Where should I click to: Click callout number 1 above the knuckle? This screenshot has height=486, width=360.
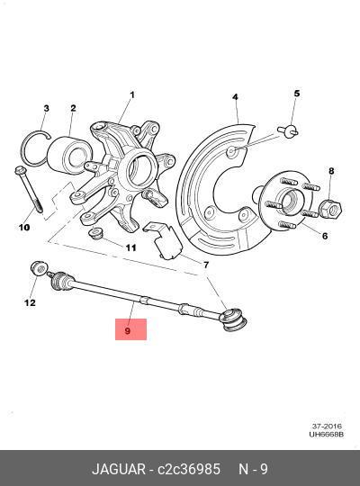[x=132, y=94]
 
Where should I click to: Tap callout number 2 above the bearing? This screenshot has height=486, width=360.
[x=73, y=108]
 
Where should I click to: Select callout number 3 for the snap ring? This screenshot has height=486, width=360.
[x=46, y=109]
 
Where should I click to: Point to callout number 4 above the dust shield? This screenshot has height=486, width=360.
[x=235, y=97]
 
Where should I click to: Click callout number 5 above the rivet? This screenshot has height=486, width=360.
[x=297, y=94]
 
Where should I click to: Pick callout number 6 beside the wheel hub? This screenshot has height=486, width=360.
[x=325, y=236]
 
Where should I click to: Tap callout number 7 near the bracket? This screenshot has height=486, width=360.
[x=206, y=265]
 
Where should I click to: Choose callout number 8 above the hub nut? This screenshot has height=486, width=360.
[x=331, y=171]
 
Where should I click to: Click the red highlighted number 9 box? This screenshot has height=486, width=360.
[x=130, y=329]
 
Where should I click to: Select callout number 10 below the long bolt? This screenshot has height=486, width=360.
[x=24, y=227]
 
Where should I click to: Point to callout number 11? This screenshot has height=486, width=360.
[x=130, y=248]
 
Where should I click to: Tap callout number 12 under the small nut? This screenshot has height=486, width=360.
[x=30, y=302]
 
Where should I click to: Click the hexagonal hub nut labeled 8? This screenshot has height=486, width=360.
[x=330, y=210]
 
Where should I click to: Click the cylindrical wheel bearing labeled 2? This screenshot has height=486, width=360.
[x=67, y=154]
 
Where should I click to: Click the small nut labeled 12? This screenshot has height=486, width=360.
[x=39, y=268]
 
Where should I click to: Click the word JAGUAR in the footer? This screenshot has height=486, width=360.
[x=119, y=469]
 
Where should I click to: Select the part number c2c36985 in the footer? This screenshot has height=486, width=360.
[x=189, y=469]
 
